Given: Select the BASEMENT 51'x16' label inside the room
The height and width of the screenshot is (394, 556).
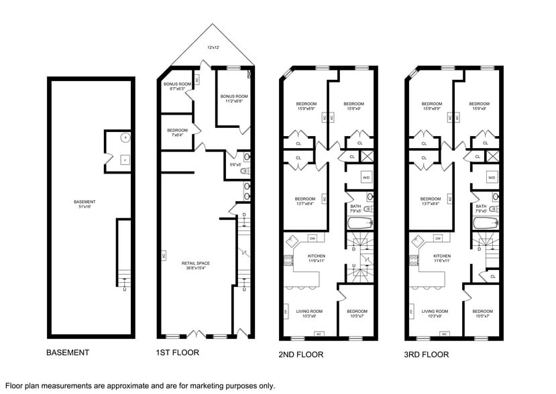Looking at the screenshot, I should pos(85,204).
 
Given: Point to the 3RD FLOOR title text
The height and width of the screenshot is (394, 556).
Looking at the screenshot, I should pos(427,354).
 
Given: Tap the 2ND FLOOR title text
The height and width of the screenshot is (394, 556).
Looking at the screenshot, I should pos(300,354).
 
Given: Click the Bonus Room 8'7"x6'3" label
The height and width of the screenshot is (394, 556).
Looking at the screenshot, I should pos(177,86).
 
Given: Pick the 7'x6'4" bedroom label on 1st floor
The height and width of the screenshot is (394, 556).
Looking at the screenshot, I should pos(177,132).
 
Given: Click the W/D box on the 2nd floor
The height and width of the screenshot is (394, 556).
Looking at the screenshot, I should pos(366,177).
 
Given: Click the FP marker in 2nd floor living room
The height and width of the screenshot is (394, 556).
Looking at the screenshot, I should pos(286,312).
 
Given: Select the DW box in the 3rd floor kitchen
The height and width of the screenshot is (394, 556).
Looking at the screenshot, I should pos(437,238).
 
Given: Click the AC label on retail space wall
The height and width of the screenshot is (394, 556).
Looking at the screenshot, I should pos(163,255).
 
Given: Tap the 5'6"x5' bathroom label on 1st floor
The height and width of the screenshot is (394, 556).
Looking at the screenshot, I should pos(234,165).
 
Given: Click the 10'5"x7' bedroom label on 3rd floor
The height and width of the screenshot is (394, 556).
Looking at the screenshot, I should pos(482,313).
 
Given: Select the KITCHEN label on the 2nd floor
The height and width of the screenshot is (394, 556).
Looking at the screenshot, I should pos(316,258).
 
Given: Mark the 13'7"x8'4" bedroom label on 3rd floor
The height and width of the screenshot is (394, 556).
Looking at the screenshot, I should pos(430,201).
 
